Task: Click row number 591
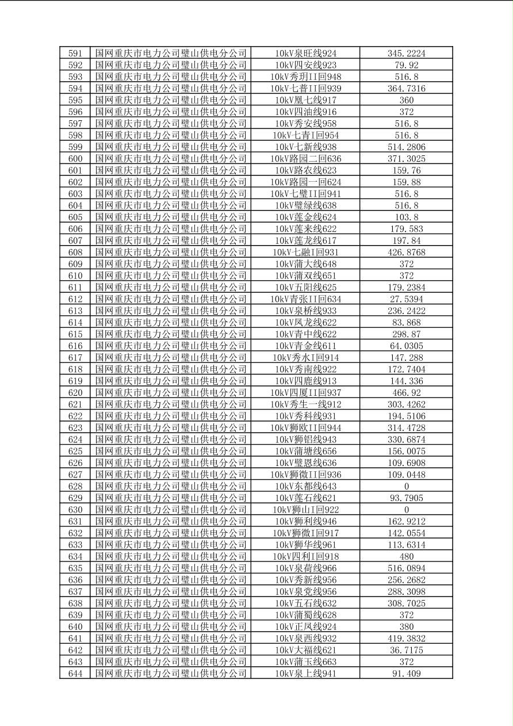[75, 54]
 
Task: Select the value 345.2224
[406, 54]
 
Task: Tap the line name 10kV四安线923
[305, 65]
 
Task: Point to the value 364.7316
[406, 89]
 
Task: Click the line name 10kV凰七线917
[305, 100]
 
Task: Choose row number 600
[75, 159]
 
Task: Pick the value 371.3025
[406, 159]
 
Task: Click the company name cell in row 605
[171, 217]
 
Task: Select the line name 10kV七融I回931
[305, 253]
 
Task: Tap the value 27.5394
[406, 299]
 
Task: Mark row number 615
[75, 334]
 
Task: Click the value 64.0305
[406, 346]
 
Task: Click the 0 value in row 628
[406, 486]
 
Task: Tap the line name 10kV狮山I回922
[305, 510]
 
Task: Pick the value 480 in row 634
[406, 556]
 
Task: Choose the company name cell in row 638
[171, 603]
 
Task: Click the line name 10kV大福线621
[305, 650]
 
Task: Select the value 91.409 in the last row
[406, 674]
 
